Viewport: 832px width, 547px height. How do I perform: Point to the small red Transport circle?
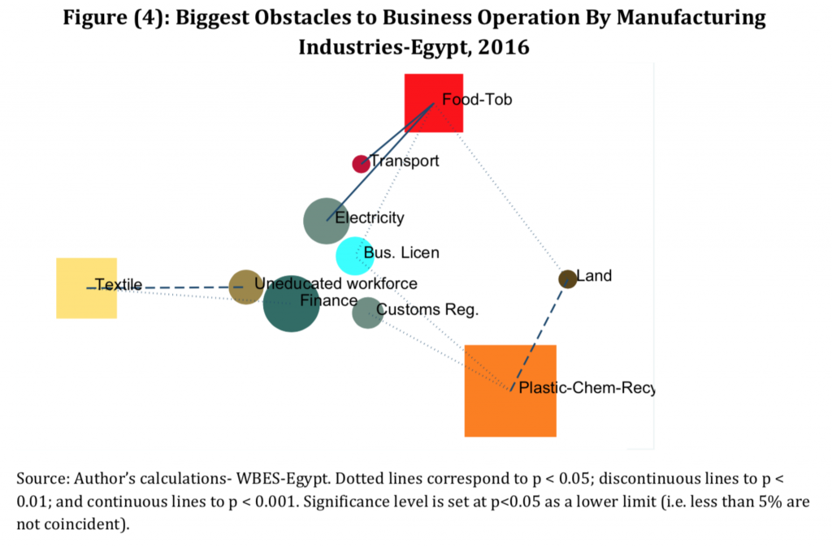tap(360, 164)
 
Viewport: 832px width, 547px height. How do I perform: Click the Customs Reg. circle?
tap(366, 313)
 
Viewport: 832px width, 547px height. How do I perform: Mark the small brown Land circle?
tap(567, 279)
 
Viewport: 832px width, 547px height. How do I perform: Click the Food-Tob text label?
tap(477, 100)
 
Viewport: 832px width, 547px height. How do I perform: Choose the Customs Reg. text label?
tap(427, 309)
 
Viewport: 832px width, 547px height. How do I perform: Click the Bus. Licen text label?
tap(401, 253)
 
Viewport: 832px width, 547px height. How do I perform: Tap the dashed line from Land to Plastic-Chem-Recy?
tap(540, 333)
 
